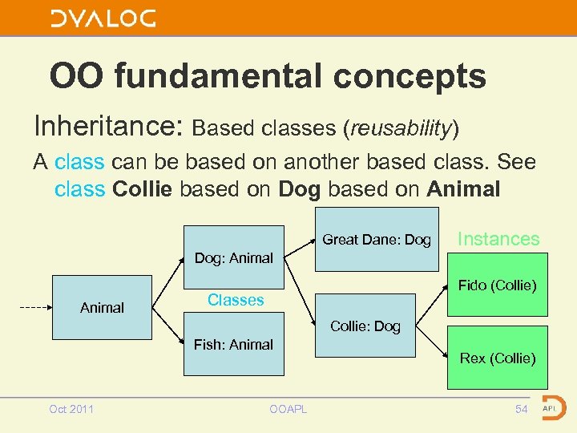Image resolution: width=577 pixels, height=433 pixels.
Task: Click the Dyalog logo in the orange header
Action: tap(103, 18)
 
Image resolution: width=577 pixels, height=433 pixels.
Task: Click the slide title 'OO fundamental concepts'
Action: tap(268, 76)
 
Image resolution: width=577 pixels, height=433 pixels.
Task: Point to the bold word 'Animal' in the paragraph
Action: tap(463, 189)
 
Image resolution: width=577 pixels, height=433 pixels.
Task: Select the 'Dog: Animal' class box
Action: tap(233, 258)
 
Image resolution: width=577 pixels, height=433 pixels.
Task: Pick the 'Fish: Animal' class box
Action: tap(233, 346)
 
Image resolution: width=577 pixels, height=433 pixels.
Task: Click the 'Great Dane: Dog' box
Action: tap(377, 239)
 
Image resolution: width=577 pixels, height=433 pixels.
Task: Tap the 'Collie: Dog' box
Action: tap(365, 326)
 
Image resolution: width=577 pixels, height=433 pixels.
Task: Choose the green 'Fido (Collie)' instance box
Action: tap(497, 285)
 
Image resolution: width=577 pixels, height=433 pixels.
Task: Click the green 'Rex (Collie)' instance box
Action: tap(497, 358)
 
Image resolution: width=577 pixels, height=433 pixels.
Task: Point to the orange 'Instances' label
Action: tap(498, 239)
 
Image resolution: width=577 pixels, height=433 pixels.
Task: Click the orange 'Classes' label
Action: tap(236, 300)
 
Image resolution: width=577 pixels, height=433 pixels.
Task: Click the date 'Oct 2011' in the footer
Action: tap(71, 409)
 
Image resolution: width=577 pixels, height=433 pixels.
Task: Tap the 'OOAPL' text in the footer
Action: tap(288, 409)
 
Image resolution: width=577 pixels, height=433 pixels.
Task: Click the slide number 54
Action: tap(521, 409)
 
